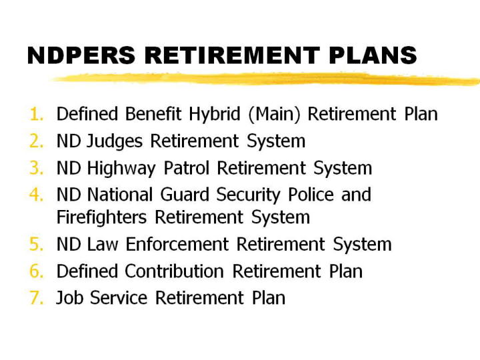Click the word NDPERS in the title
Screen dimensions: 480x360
[x=81, y=55]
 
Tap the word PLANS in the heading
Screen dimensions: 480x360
[x=373, y=55]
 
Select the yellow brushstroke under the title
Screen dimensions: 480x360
[x=265, y=79]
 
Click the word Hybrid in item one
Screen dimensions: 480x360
[x=214, y=115]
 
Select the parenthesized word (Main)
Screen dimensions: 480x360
[x=274, y=115]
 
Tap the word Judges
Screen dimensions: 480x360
[x=115, y=142]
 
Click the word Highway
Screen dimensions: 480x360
[x=121, y=169]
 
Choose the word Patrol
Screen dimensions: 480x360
[x=187, y=168]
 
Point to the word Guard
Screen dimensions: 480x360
[x=185, y=195]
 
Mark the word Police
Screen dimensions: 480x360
[x=311, y=195]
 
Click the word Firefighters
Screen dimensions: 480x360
[x=101, y=218]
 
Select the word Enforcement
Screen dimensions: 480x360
[x=177, y=244]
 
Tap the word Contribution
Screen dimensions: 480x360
[x=174, y=271]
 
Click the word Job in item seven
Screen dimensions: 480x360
[x=69, y=298]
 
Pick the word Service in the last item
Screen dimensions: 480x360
[x=119, y=298]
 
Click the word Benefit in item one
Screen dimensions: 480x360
[x=153, y=114]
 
